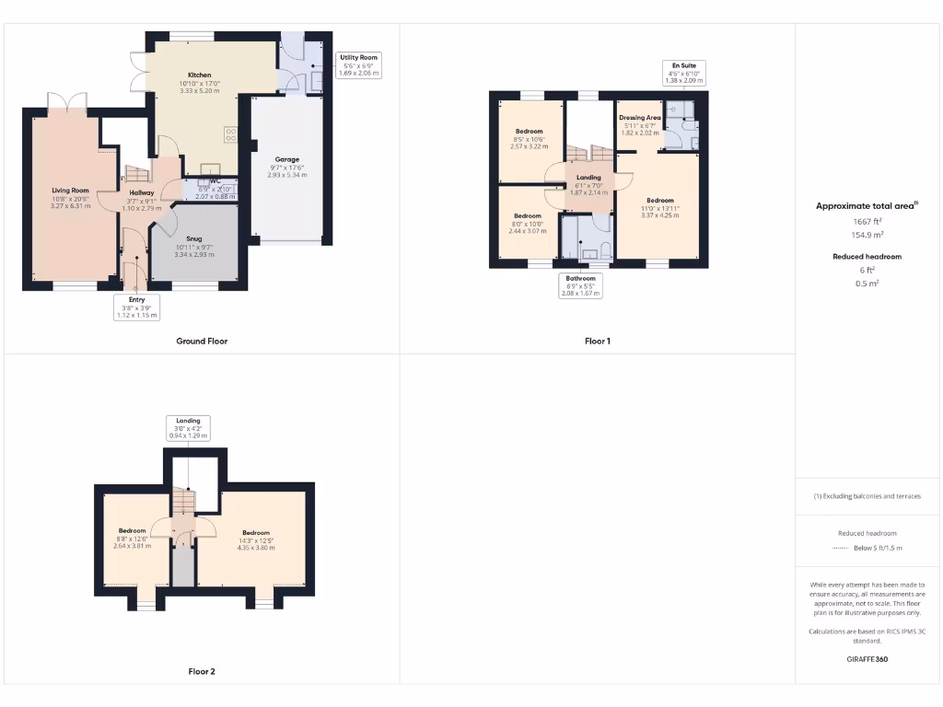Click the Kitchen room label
coord(200,75)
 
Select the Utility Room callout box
coord(358,64)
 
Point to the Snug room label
coord(193,238)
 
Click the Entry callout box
coord(137,307)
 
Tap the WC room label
coord(216,181)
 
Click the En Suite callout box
coord(684,74)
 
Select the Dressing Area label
coord(639,118)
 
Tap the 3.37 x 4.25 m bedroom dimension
coord(659,214)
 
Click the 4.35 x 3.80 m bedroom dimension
coord(256,548)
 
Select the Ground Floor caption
coord(202,341)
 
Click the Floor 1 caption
coord(598,341)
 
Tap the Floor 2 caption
coord(202,671)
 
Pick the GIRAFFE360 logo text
coord(867,659)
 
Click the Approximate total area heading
coord(867,206)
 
